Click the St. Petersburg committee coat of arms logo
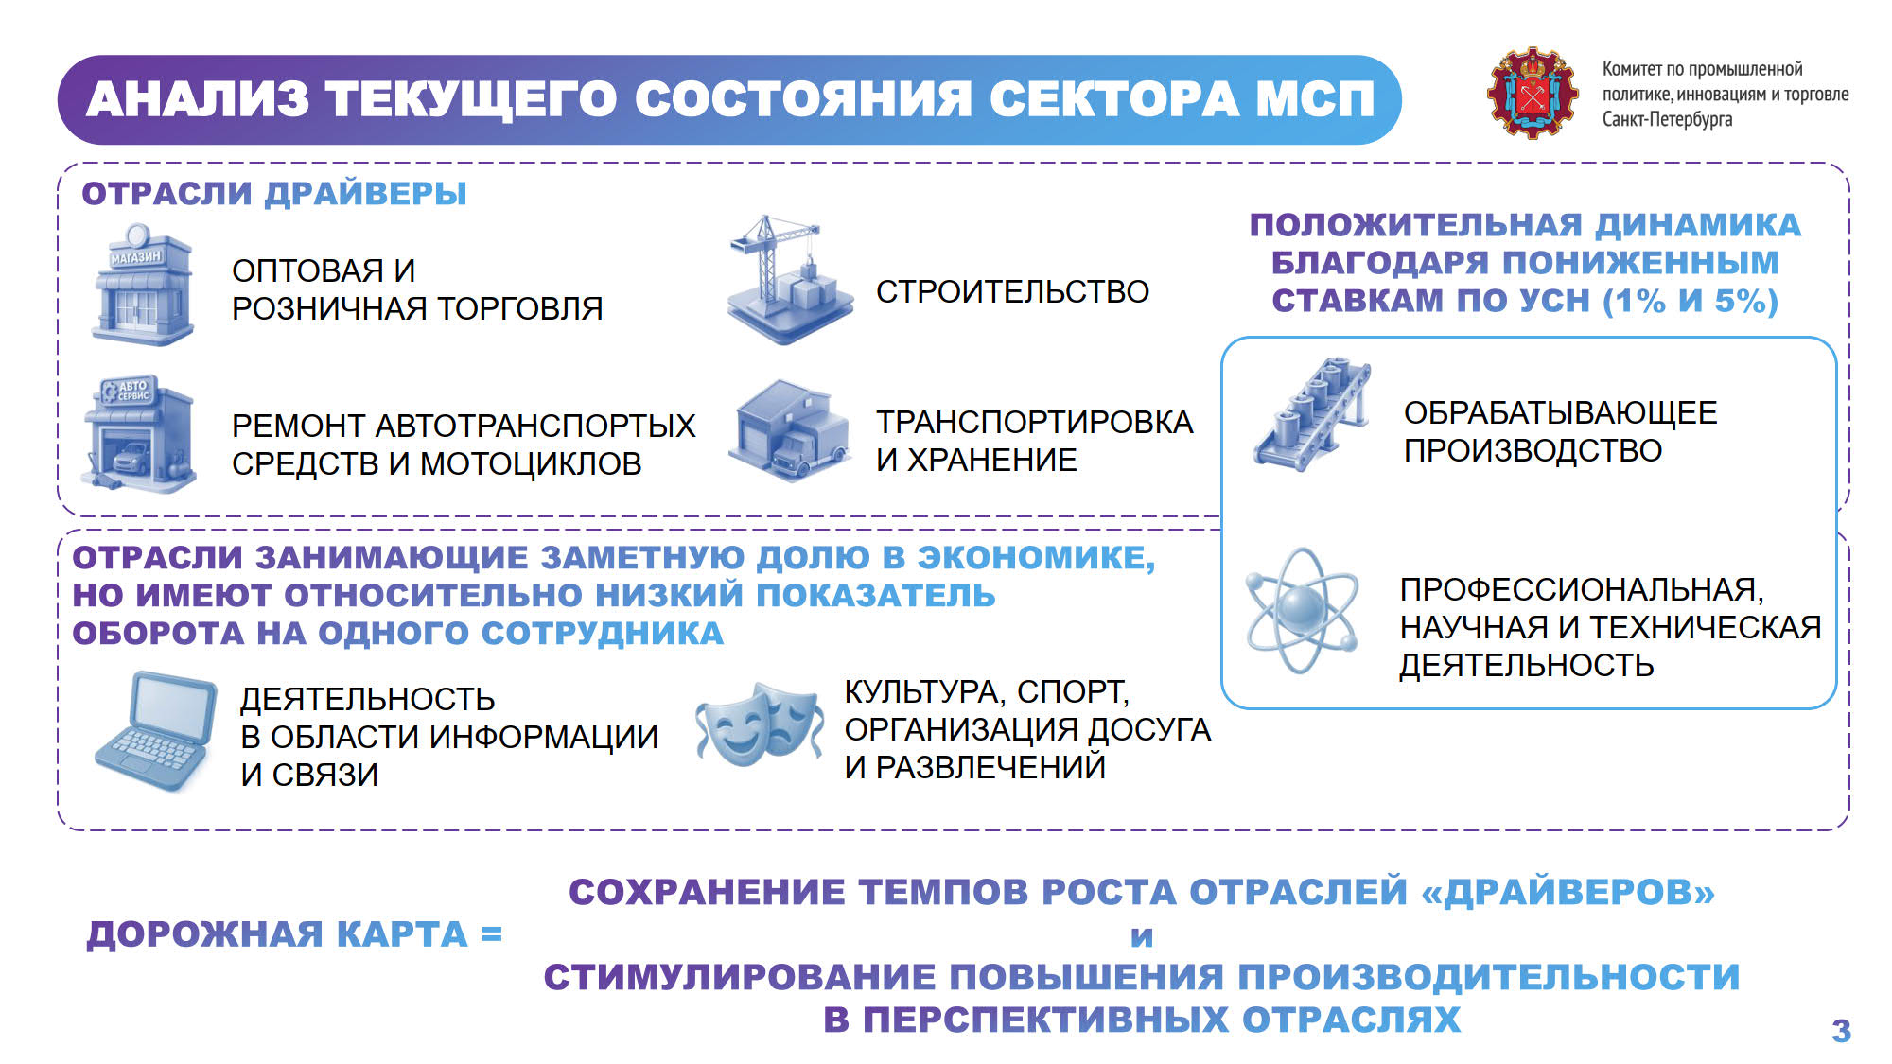click(x=1533, y=93)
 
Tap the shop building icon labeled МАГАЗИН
click(x=142, y=284)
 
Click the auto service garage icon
click(x=139, y=433)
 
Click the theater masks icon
click(x=761, y=724)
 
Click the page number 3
click(x=1841, y=1030)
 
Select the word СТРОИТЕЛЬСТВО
click(x=1012, y=291)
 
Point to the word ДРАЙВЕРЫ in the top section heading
click(x=366, y=193)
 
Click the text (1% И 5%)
click(x=1691, y=301)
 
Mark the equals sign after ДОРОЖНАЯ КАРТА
click(x=491, y=934)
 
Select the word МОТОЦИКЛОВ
click(x=531, y=463)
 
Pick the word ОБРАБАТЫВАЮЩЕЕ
click(x=1560, y=412)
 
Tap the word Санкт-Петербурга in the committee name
click(x=1667, y=119)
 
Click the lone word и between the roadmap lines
click(x=1142, y=936)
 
